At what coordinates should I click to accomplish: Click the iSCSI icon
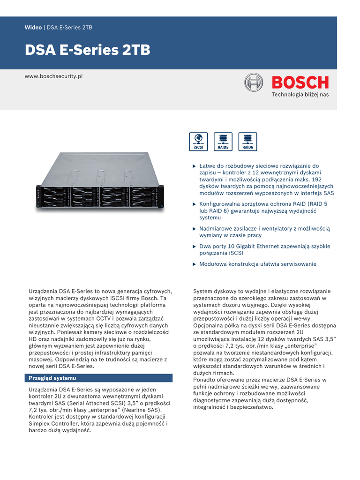pos(198,142)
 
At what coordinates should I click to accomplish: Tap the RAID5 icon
pos(223,142)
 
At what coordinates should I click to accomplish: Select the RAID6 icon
pos(247,142)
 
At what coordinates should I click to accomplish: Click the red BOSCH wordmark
pos(300,82)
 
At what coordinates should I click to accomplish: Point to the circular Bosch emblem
pos(254,83)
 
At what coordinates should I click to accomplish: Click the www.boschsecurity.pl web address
pos(53,76)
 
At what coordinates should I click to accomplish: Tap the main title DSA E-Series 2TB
pos(87,51)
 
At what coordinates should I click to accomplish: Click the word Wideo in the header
pos(33,28)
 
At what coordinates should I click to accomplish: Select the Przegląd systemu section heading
pos(52,378)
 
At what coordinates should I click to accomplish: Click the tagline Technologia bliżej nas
pos(300,95)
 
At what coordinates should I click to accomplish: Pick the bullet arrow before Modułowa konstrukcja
pos(195,264)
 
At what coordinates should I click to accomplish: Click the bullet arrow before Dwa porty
pos(195,247)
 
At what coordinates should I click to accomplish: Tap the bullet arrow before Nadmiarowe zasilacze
pos(195,229)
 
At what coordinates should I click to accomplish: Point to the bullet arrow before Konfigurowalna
pos(195,204)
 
